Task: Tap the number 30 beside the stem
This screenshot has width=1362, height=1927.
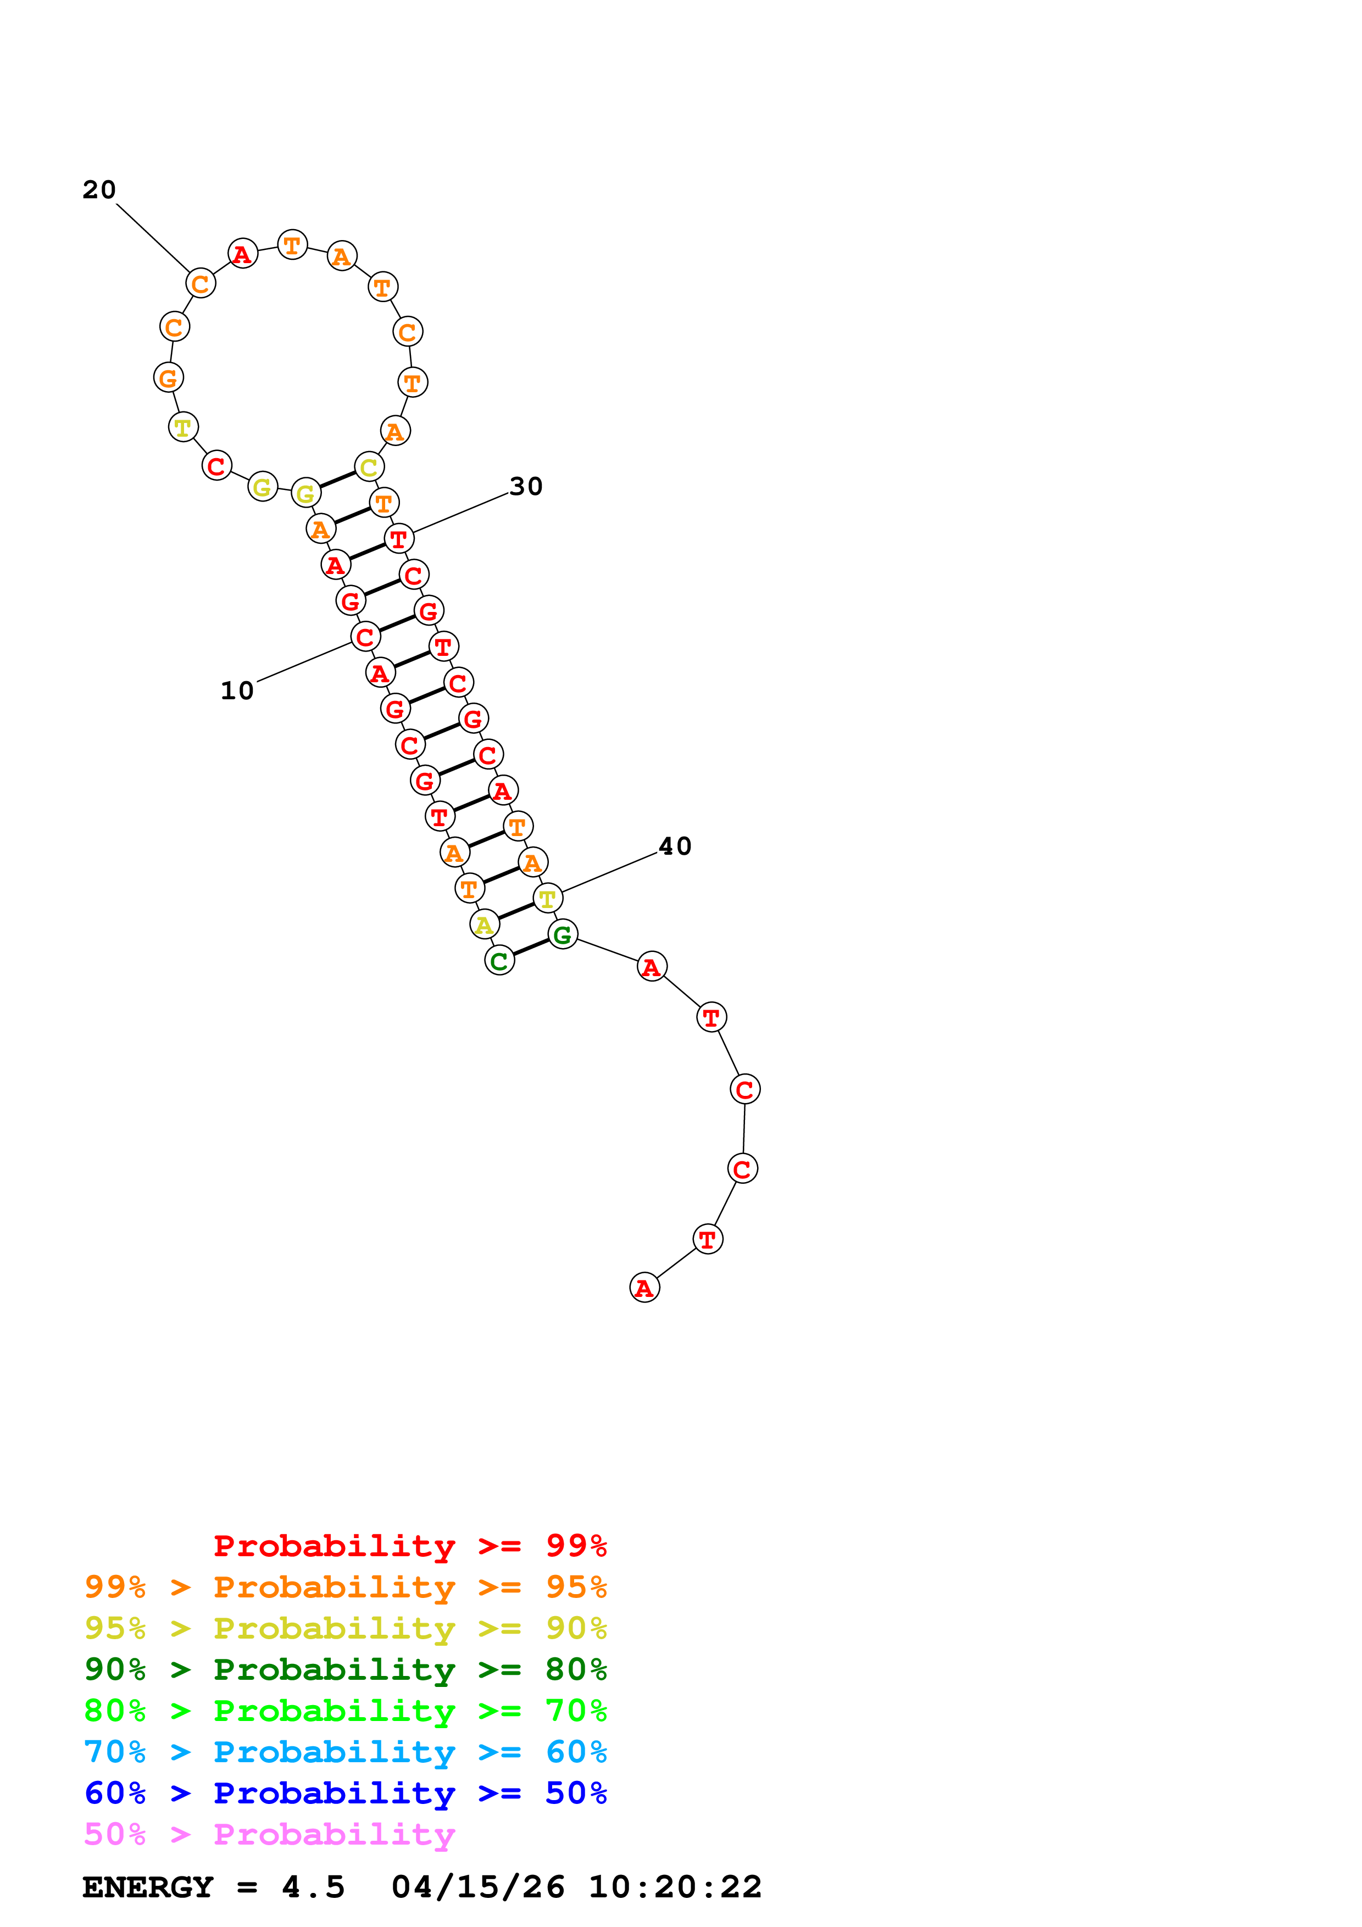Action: tap(526, 486)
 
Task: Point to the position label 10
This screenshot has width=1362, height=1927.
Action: tap(237, 690)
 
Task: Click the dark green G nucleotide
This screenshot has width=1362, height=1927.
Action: tap(562, 934)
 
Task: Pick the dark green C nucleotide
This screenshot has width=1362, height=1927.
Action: tap(499, 961)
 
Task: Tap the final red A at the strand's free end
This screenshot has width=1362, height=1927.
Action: tap(644, 1288)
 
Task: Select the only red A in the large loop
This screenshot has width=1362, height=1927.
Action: tap(242, 253)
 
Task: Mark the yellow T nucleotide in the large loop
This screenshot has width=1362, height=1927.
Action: tap(183, 427)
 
